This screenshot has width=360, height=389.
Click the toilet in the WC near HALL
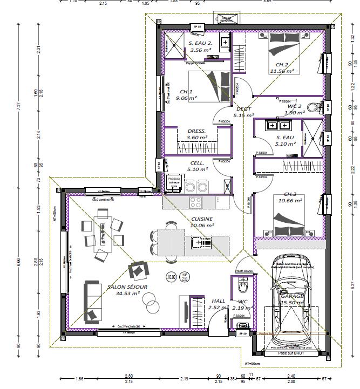[x=242, y=285]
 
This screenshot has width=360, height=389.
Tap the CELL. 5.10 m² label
[x=197, y=166]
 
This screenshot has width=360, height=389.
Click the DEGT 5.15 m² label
[x=243, y=112]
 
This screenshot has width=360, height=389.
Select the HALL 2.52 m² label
[x=219, y=304]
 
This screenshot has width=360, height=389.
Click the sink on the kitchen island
[x=196, y=242]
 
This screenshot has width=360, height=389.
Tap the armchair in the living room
[x=138, y=269]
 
